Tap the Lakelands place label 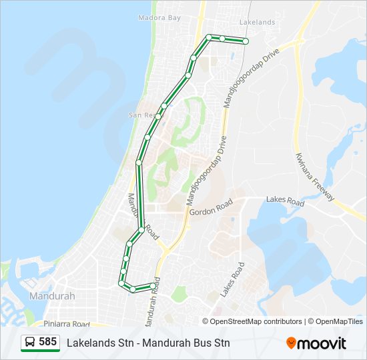257,22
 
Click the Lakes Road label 285,200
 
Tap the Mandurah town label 52,296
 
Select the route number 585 47,342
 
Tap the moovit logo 316,343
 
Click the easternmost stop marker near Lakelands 246,41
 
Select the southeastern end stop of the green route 153,286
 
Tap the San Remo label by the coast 142,115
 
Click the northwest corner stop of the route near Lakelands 209,37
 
